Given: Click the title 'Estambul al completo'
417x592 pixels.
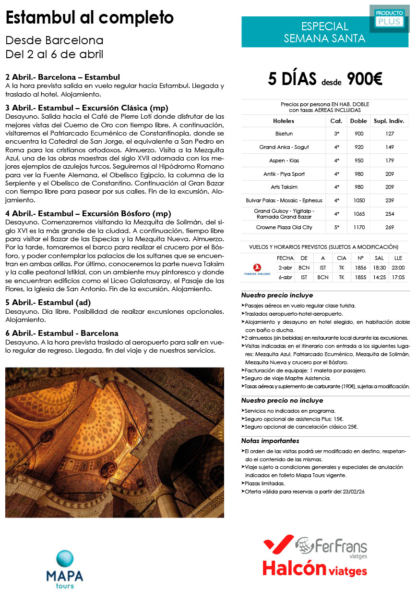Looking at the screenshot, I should (x=89, y=18).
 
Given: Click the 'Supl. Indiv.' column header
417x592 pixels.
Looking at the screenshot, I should (x=389, y=121).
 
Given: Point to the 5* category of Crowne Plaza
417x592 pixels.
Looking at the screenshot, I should (x=336, y=227).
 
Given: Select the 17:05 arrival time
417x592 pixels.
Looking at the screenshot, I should (x=398, y=277).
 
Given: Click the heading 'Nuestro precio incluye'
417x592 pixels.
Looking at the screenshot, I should (x=277, y=296).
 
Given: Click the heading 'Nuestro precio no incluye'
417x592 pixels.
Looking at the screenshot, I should (x=282, y=400).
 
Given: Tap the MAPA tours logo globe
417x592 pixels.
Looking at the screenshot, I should (x=65, y=559).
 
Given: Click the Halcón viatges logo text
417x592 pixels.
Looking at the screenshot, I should (x=314, y=569).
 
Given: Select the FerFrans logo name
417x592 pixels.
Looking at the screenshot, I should (x=341, y=547).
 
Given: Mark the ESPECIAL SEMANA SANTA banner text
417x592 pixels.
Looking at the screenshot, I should (x=324, y=32).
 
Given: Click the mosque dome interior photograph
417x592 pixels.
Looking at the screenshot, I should (x=115, y=442).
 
